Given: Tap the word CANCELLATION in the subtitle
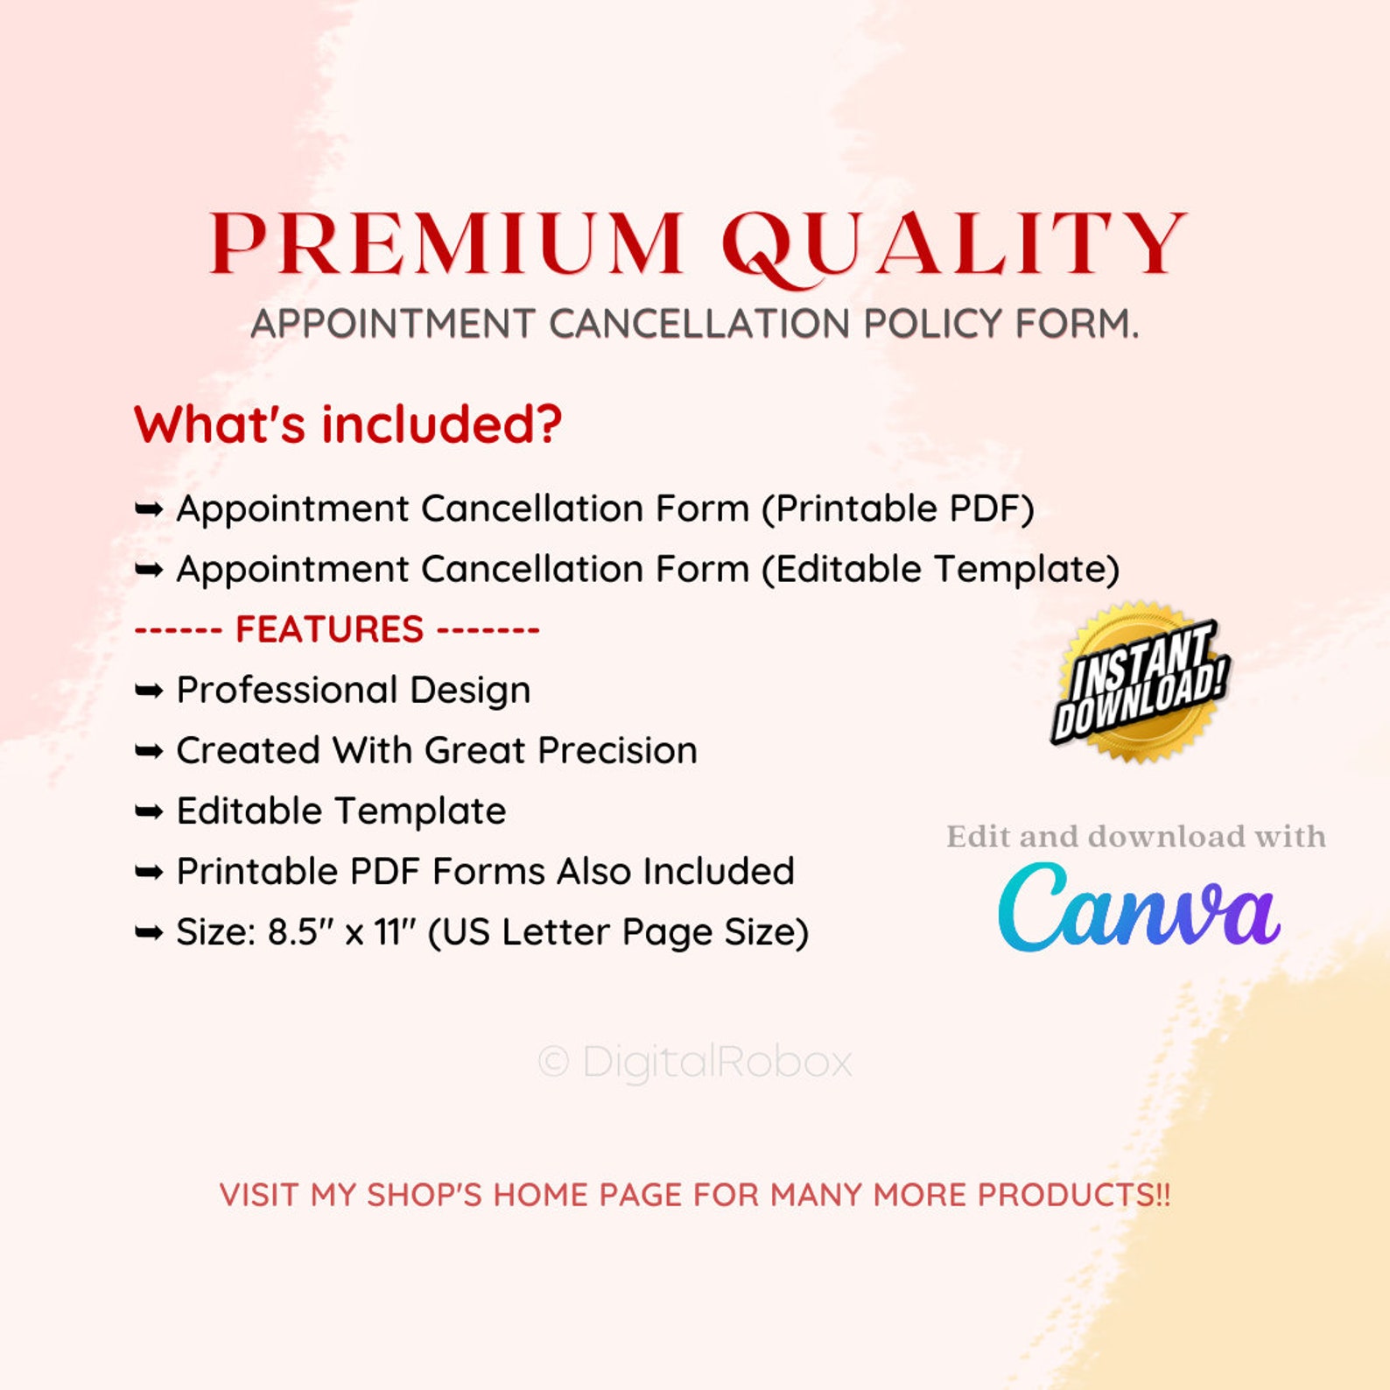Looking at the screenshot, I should click(x=699, y=324).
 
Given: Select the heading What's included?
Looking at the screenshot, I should click(x=347, y=425).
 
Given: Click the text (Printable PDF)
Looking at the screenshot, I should click(x=898, y=509).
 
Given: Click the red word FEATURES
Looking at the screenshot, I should click(x=330, y=629).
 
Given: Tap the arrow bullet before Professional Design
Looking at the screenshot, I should click(x=149, y=691).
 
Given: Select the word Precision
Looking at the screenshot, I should click(x=617, y=750).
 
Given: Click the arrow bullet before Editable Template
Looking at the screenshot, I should click(x=149, y=811).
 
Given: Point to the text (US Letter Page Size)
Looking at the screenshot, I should click(x=618, y=932).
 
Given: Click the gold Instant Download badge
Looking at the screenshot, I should click(x=1140, y=682).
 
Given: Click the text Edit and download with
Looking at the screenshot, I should click(x=1136, y=837).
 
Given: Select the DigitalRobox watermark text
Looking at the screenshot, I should click(x=717, y=1062).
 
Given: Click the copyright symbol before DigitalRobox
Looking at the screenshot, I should click(x=553, y=1063).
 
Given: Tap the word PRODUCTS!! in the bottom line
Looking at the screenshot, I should click(x=1074, y=1195).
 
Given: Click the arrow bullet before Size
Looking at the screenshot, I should click(x=149, y=932).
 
